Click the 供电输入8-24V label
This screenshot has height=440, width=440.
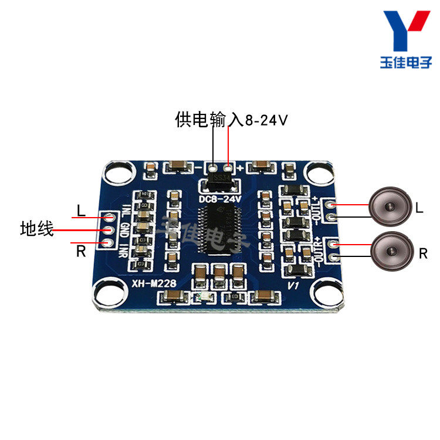[231, 120]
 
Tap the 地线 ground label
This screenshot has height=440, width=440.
[36, 229]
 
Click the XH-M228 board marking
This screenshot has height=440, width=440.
[151, 283]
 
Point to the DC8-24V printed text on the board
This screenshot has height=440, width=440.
[221, 199]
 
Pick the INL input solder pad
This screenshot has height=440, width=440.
[108, 218]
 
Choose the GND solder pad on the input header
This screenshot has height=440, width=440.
[108, 230]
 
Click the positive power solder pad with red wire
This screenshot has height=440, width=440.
[228, 167]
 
